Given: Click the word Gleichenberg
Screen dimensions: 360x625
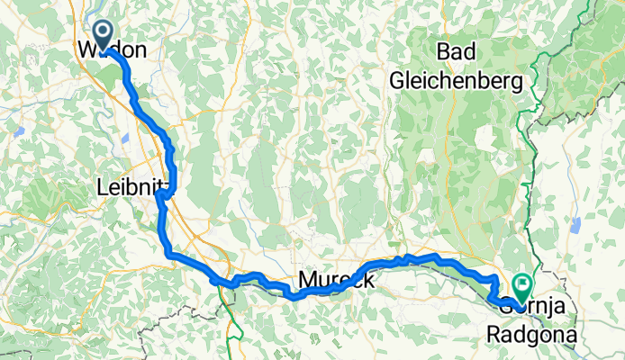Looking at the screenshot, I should [x=457, y=80].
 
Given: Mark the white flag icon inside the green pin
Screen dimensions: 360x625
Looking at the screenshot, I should [x=522, y=284].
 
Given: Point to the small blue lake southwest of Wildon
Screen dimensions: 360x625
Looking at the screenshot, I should [x=18, y=131].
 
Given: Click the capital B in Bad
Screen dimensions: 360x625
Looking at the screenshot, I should [x=442, y=50].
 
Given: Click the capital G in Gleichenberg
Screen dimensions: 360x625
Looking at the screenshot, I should [x=399, y=80].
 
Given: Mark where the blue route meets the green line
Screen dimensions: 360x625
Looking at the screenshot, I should [x=228, y=283].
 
